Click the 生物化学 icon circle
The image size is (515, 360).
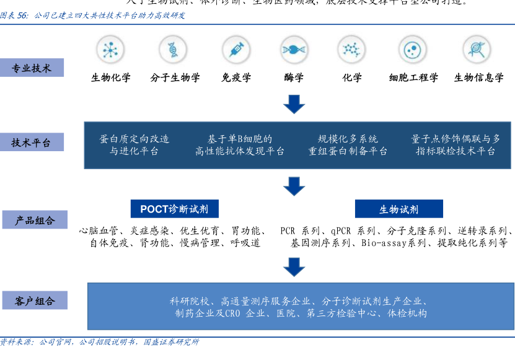click(x=110, y=50)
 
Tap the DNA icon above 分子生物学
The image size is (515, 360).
click(x=173, y=50)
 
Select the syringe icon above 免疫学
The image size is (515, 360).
click(x=235, y=50)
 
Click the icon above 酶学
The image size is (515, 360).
click(x=294, y=50)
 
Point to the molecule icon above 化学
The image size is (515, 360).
click(x=351, y=50)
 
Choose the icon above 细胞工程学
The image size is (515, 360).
click(x=413, y=50)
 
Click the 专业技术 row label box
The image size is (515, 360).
click(x=32, y=68)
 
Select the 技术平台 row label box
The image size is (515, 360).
click(x=32, y=143)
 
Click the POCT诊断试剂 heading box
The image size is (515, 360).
click(x=174, y=209)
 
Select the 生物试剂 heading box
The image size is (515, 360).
click(x=398, y=209)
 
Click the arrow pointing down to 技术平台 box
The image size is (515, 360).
click(x=294, y=104)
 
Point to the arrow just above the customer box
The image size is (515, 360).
click(x=294, y=266)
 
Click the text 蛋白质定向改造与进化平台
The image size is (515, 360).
click(x=134, y=145)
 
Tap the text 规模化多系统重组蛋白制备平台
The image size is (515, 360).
click(x=348, y=145)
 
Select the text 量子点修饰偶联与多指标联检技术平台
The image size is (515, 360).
click(x=456, y=145)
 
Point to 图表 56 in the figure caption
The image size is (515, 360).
click(x=14, y=15)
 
